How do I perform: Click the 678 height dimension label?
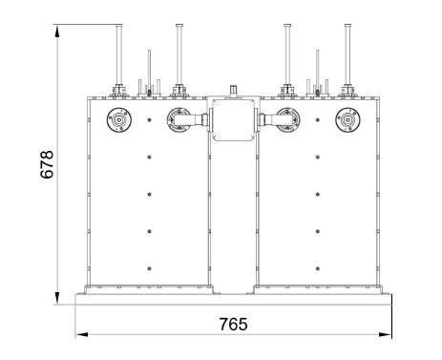coord(47,164)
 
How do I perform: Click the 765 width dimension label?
coord(233,325)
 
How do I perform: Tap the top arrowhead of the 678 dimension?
coord(57,32)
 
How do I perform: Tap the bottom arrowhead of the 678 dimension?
coord(57,298)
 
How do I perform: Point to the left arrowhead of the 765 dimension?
coord(82,334)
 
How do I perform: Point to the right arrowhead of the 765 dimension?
coord(386,334)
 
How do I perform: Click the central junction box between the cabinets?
coord(234,119)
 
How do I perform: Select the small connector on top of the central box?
coord(234,91)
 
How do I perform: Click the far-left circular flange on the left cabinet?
coord(119,120)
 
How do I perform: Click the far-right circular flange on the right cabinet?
coord(347,120)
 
